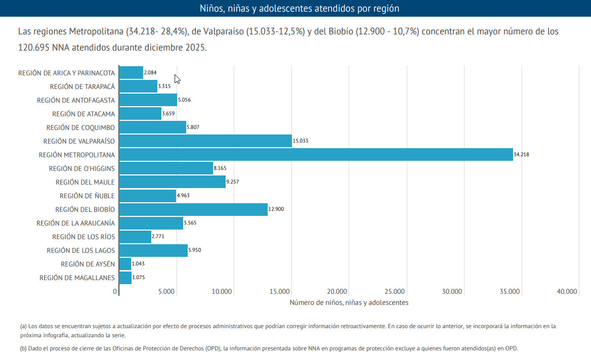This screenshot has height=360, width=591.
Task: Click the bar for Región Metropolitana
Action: pyautogui.click(x=316, y=155)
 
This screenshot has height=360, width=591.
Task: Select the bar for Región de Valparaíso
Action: pyautogui.click(x=205, y=141)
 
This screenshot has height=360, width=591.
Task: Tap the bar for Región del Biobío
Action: pyautogui.click(x=193, y=209)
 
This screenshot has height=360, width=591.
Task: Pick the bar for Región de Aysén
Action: pyautogui.click(x=125, y=264)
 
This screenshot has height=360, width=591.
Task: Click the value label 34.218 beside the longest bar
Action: pyautogui.click(x=521, y=155)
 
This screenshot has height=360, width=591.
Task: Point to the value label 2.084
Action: pyautogui.click(x=150, y=73)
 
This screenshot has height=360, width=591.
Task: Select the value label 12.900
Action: pyautogui.click(x=276, y=209)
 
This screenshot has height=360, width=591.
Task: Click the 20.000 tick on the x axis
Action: pyautogui.click(x=337, y=291)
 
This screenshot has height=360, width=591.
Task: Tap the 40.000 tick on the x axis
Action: pyautogui.click(x=567, y=291)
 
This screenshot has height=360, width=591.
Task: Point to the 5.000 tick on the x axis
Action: pyautogui.click(x=166, y=291)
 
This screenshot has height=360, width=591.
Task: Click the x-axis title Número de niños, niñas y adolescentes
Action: pyautogui.click(x=349, y=302)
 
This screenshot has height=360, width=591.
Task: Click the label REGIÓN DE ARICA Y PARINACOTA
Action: pyautogui.click(x=66, y=73)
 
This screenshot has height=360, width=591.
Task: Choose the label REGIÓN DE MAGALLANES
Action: pyautogui.click(x=77, y=278)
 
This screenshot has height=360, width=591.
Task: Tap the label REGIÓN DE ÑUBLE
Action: pyautogui.click(x=87, y=196)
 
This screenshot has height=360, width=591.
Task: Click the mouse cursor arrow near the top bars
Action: pyautogui.click(x=177, y=79)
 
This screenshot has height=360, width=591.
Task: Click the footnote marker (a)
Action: pyautogui.click(x=23, y=327)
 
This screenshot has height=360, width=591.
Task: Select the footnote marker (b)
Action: pyautogui.click(x=23, y=348)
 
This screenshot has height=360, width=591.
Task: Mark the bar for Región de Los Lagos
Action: pyautogui.click(x=153, y=250)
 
